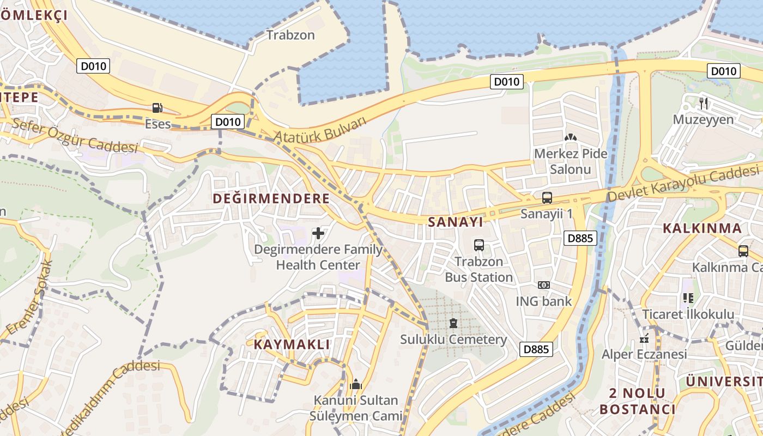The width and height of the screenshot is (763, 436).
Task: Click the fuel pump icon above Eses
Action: tap(158, 108)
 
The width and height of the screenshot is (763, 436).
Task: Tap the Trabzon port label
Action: tap(290, 35)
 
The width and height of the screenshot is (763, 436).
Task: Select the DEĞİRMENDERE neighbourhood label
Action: tap(271, 198)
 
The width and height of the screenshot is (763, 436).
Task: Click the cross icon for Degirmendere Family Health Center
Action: tap(318, 234)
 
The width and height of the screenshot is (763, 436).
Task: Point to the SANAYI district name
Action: tap(456, 222)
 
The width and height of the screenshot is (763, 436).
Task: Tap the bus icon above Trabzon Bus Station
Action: tap(479, 245)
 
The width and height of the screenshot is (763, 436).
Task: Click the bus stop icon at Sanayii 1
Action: tap(547, 198)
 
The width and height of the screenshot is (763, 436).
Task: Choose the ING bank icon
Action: tap(543, 285)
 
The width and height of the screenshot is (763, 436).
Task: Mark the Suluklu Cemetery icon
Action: tap(453, 323)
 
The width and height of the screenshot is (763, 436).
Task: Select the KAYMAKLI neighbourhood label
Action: tap(292, 344)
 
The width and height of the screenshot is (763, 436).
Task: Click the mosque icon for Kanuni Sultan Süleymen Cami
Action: tap(356, 385)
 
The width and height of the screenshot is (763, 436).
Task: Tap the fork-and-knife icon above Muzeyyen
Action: tap(703, 103)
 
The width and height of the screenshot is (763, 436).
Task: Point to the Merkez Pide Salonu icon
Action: tap(570, 138)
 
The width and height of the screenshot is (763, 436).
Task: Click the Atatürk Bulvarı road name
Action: tap(320, 129)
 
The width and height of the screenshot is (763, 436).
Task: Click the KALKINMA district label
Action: tap(702, 228)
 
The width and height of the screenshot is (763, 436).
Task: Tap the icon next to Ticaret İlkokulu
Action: tap(688, 298)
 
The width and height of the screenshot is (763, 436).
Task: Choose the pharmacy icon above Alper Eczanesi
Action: tap(644, 339)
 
